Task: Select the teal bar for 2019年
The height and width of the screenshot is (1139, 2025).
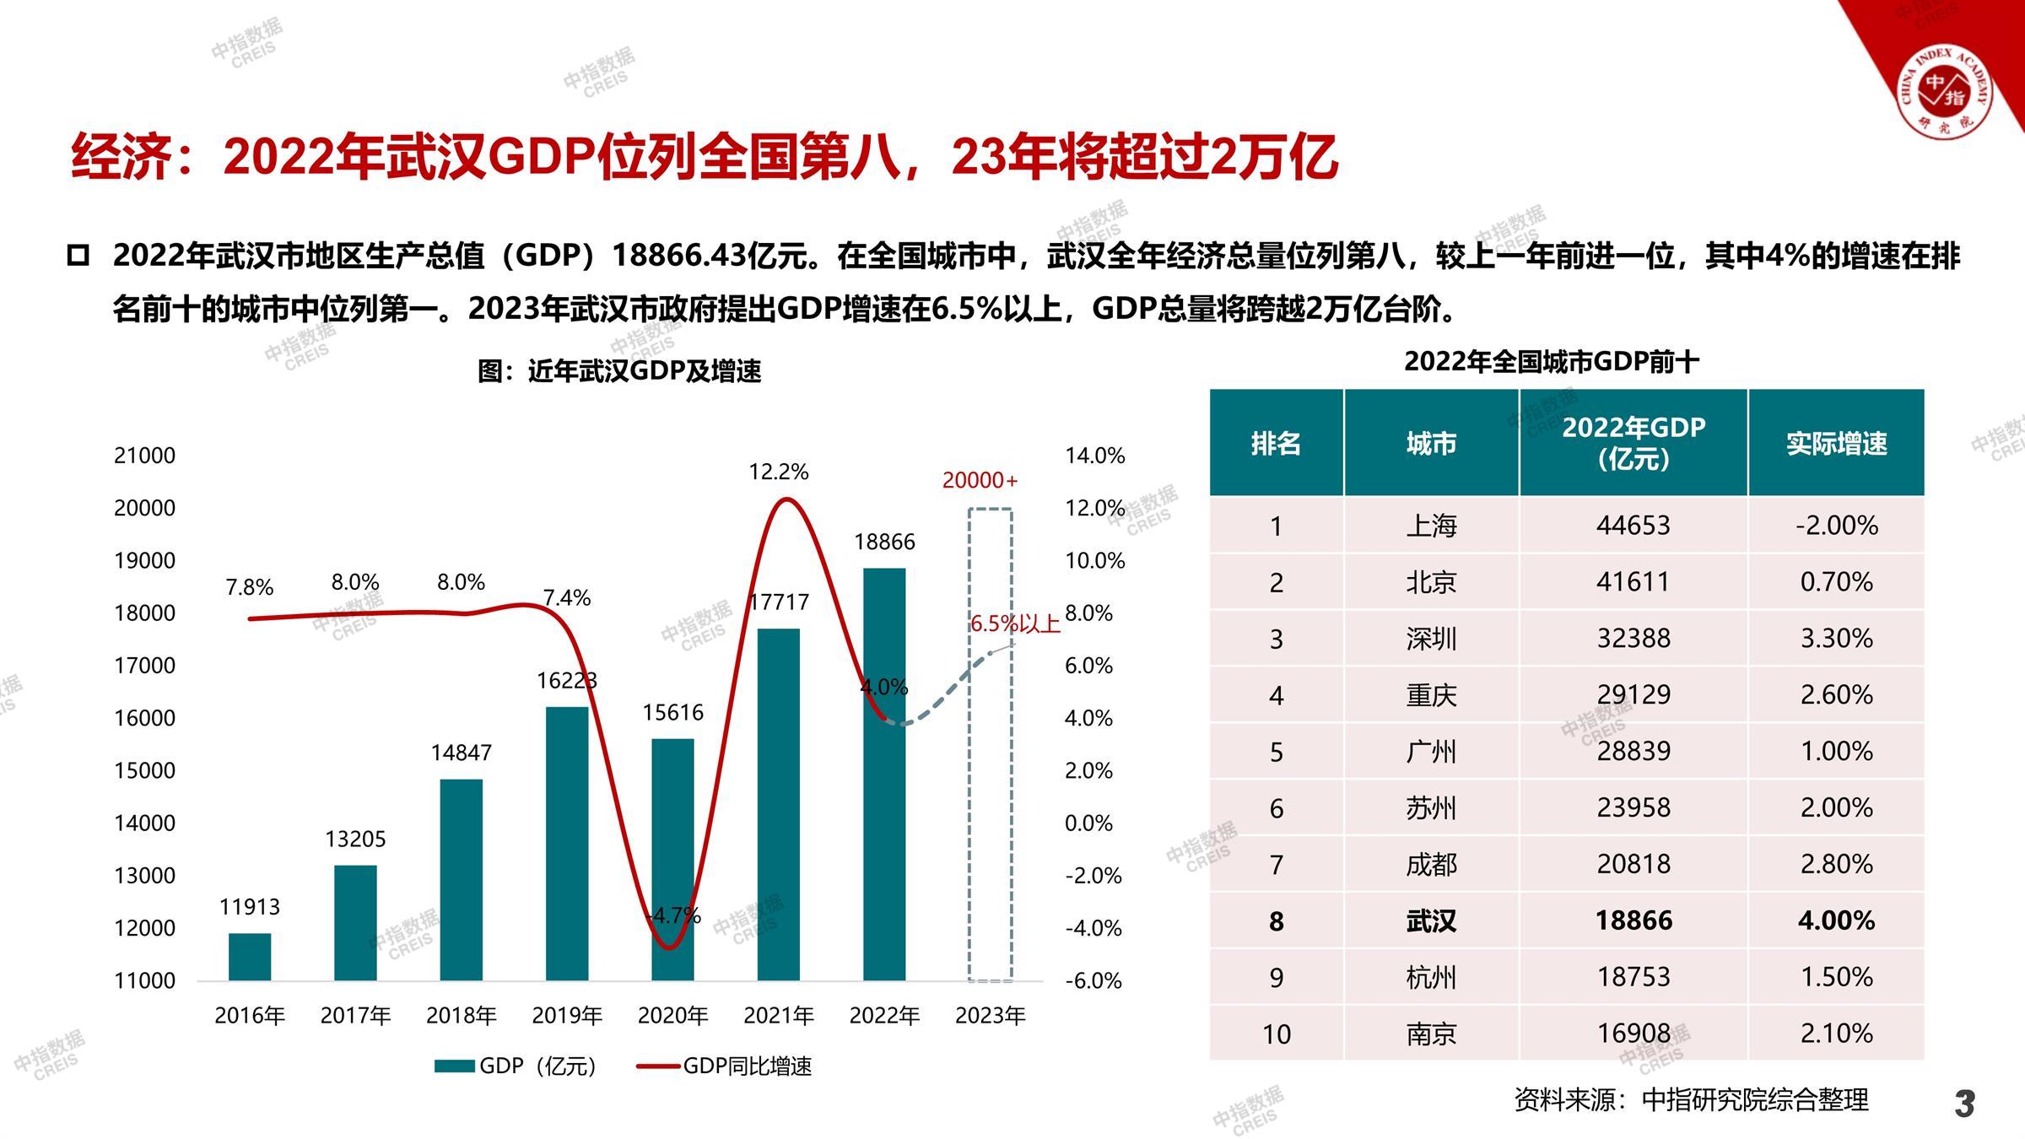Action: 567,844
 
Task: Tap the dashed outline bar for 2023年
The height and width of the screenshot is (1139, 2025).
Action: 990,744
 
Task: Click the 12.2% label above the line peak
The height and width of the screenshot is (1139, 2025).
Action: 778,472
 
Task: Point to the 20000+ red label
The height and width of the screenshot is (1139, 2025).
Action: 980,480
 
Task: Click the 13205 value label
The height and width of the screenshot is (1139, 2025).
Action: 355,839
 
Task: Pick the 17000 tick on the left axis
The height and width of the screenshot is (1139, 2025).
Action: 144,666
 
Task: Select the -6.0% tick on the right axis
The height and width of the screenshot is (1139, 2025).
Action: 1093,980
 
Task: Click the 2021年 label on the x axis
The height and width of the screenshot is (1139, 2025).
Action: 778,1015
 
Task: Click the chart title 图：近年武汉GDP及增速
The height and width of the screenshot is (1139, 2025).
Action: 619,371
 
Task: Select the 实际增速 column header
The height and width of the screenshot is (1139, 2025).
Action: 1836,443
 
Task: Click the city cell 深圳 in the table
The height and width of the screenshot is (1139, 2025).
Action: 1431,639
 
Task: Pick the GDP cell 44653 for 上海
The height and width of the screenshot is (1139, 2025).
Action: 1633,526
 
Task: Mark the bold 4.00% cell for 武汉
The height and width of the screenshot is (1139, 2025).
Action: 1836,920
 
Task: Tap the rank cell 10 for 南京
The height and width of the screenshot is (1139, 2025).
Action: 1276,1034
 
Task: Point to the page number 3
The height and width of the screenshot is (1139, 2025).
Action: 1964,1103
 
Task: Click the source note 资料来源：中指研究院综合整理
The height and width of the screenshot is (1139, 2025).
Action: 1691,1099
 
